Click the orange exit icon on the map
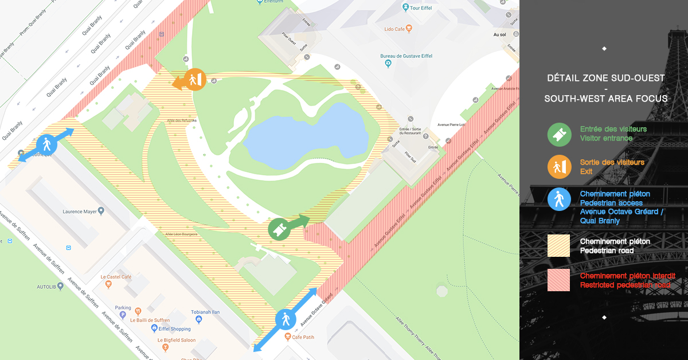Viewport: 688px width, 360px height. pos(197,80)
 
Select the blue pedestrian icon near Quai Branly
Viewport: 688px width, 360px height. pos(46,144)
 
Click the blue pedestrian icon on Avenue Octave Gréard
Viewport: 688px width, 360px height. pos(286,319)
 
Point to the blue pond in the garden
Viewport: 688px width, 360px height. pos(304,136)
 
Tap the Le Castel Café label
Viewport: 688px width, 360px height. pos(116,277)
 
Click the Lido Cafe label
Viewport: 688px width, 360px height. pos(395,29)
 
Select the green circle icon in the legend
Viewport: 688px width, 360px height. pos(558,134)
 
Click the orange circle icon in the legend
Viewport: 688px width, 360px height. pos(558,167)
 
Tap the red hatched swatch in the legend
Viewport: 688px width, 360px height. pos(558,280)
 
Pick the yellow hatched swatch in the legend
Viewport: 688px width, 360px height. pos(558,245)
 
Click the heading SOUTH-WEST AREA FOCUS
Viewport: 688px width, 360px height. pos(606,99)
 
